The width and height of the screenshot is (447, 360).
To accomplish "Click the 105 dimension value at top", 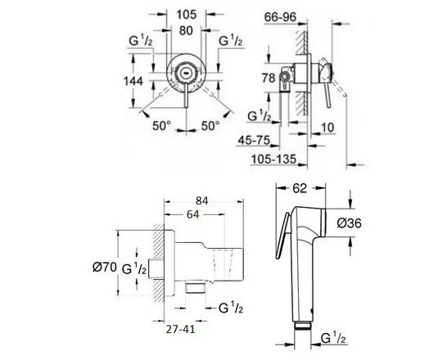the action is click(187, 15).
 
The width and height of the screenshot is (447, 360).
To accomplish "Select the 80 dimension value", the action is click(186, 30).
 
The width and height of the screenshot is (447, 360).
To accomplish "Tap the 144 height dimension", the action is click(133, 82).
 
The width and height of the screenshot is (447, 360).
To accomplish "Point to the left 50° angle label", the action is click(161, 125).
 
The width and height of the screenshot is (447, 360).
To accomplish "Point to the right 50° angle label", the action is click(210, 125).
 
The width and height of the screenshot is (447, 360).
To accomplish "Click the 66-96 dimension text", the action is click(281, 17).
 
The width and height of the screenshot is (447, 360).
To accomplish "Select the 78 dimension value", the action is click(269, 78).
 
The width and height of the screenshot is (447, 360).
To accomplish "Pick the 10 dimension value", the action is click(327, 128).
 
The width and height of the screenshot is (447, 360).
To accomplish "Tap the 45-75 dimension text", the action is click(254, 140).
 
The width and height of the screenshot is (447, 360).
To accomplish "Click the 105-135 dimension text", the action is click(273, 160).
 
